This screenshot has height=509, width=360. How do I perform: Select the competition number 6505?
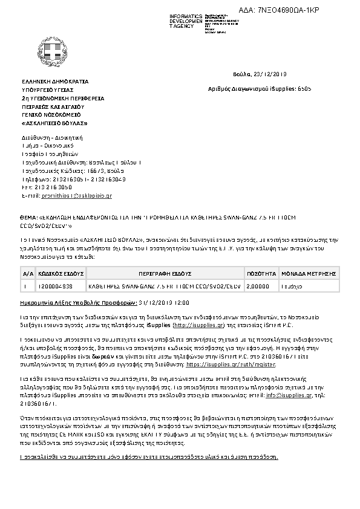click(304, 88)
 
